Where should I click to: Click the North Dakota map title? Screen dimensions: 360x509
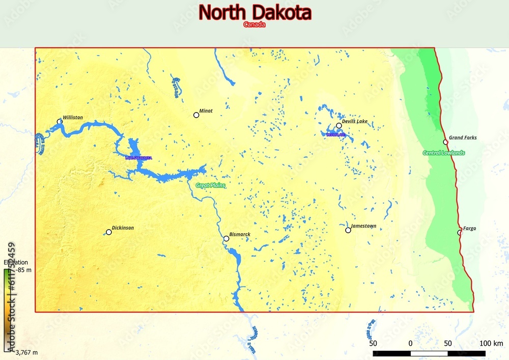tap(254, 12)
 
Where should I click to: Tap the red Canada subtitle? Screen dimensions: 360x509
tap(254, 24)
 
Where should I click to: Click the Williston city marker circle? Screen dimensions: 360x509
tap(60, 121)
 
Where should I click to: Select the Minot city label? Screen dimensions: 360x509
tap(206, 110)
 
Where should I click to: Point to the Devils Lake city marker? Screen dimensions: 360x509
tap(338, 125)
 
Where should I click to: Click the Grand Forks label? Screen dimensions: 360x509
tap(462, 137)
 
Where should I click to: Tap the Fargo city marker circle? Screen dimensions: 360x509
tap(459, 232)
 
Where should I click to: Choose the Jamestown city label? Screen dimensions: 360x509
tap(363, 226)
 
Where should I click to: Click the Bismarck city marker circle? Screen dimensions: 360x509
tap(226, 238)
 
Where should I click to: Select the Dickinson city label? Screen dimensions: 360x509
tap(123, 228)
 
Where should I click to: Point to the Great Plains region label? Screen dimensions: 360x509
tap(210, 186)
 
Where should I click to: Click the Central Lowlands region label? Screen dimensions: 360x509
tap(443, 153)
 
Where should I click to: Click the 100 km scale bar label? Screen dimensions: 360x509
tap(491, 343)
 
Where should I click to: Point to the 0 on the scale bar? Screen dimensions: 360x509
tap(410, 343)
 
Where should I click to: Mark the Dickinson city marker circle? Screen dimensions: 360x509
tap(108, 232)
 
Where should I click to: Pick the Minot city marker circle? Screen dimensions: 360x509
tap(196, 115)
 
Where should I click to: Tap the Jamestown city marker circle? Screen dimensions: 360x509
tap(348, 230)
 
